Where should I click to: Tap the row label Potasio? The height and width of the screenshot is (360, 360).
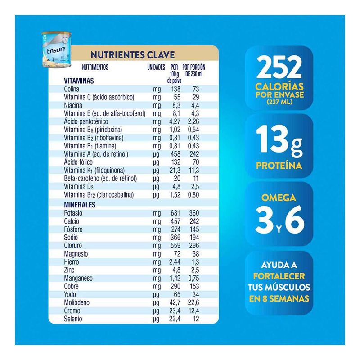(74, 212)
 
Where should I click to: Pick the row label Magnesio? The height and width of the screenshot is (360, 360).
(76, 253)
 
